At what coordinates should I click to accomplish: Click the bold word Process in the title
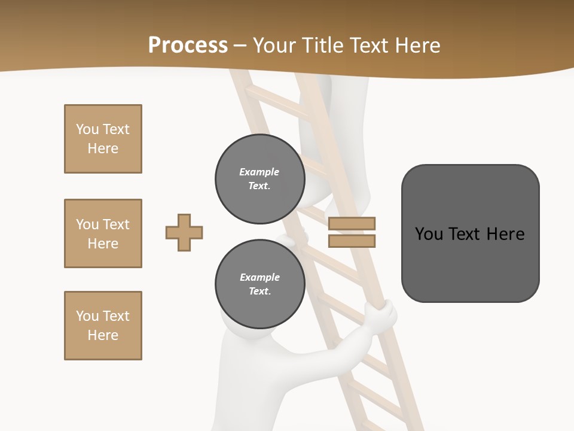(x=188, y=45)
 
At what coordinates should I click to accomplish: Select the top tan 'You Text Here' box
(x=103, y=139)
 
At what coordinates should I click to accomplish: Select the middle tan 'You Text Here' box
(x=103, y=233)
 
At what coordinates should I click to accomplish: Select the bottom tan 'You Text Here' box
(x=103, y=326)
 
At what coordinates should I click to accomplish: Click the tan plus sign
(x=184, y=232)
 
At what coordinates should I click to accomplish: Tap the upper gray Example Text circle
(x=259, y=179)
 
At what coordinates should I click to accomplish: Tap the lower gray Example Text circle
(x=259, y=284)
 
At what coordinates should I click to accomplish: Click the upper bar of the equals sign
(x=352, y=223)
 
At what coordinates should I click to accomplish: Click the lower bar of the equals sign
(x=352, y=241)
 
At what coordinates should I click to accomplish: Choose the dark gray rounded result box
(x=470, y=233)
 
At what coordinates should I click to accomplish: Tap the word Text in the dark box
(x=470, y=233)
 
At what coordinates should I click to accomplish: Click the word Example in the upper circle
(x=259, y=172)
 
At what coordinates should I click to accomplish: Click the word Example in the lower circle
(x=259, y=277)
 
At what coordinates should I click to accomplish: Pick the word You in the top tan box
(x=87, y=129)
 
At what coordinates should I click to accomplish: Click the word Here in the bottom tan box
(x=103, y=335)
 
